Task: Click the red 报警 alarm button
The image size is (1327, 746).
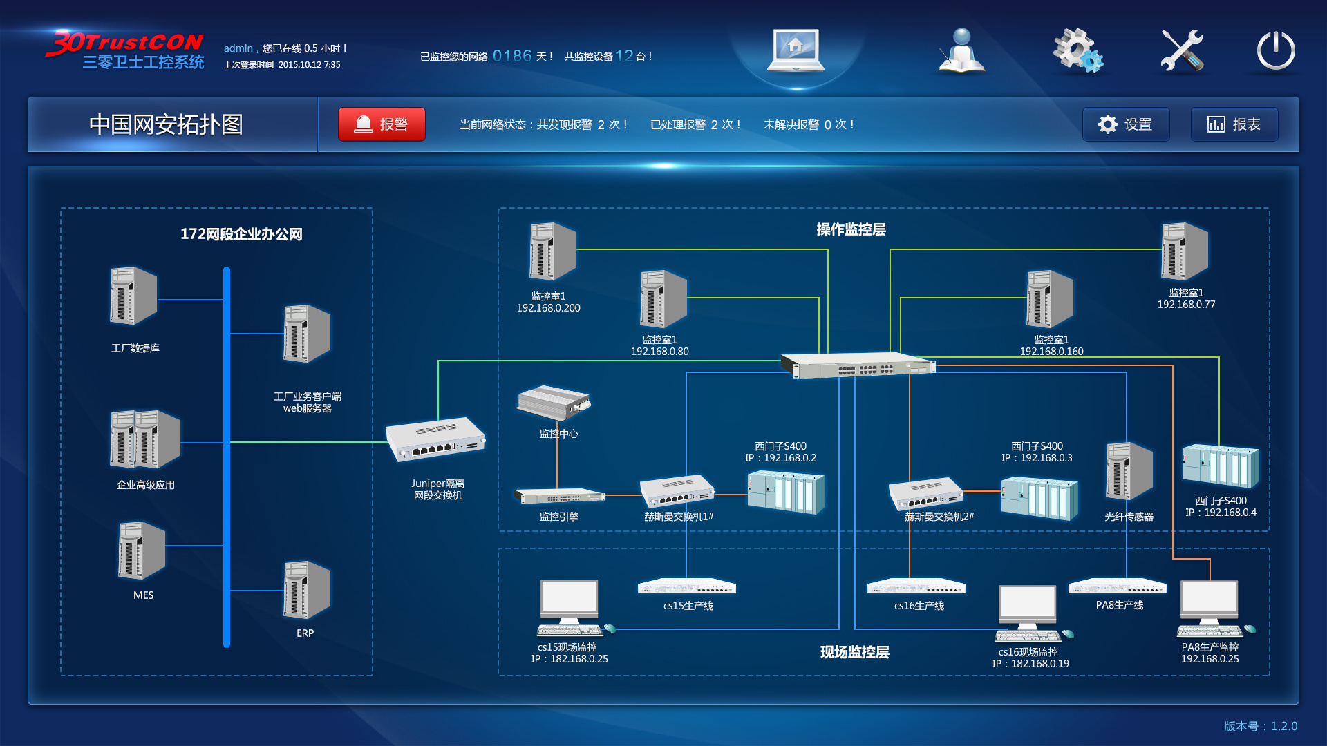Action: (x=382, y=124)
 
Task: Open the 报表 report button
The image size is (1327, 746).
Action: (x=1234, y=124)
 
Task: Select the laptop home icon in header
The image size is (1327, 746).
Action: (x=796, y=50)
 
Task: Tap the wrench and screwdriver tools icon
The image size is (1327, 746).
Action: (x=1181, y=50)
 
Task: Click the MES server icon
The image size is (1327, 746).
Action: (x=142, y=550)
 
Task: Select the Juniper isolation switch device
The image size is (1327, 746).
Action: (x=435, y=439)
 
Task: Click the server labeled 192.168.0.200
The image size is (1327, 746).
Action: (x=552, y=251)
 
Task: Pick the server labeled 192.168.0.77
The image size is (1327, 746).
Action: (x=1185, y=251)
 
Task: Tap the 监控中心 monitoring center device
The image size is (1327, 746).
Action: (x=554, y=403)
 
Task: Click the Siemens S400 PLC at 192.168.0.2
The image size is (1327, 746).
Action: (x=786, y=491)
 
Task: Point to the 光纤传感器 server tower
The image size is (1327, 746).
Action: (x=1129, y=472)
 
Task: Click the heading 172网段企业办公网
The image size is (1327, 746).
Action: (x=241, y=234)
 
